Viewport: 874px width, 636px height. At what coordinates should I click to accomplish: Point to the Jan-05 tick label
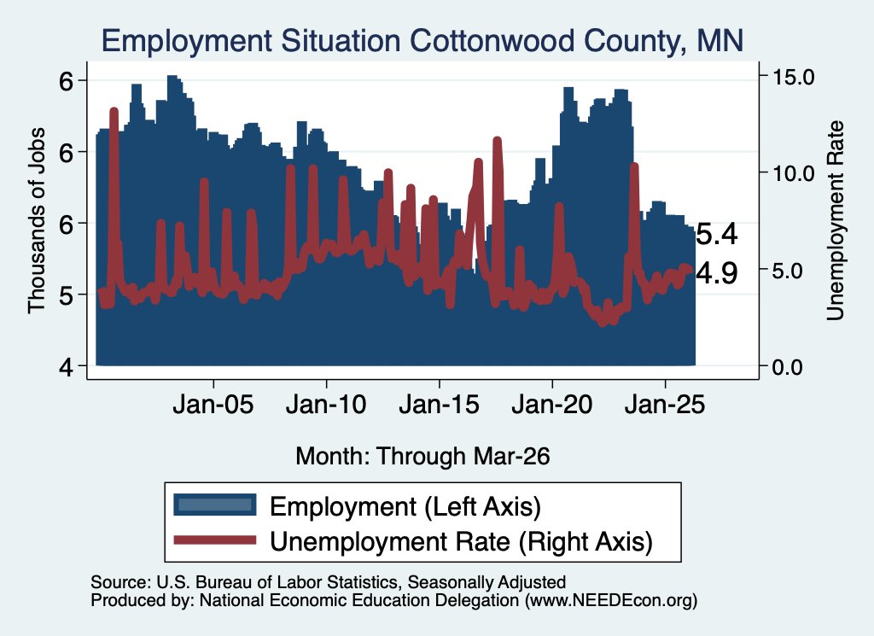pyautogui.click(x=213, y=405)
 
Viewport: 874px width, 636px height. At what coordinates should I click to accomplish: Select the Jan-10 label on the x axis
pyautogui.click(x=326, y=405)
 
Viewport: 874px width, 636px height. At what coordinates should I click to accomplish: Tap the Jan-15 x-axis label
pyautogui.click(x=440, y=405)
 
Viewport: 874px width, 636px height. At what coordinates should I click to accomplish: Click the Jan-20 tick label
pyautogui.click(x=552, y=405)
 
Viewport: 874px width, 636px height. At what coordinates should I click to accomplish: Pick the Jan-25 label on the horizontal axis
pyautogui.click(x=665, y=405)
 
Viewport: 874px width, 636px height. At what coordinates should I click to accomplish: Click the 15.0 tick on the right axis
pyautogui.click(x=793, y=78)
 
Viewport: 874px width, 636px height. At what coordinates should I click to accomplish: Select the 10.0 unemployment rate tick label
pyautogui.click(x=793, y=174)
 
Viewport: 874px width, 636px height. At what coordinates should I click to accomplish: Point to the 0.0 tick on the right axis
pyautogui.click(x=788, y=367)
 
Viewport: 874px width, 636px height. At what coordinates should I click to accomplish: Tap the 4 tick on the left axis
pyautogui.click(x=67, y=367)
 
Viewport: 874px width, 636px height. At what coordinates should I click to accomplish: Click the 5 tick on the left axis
pyautogui.click(x=67, y=295)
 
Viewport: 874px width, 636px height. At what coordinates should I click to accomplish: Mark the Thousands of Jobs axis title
pyautogui.click(x=36, y=221)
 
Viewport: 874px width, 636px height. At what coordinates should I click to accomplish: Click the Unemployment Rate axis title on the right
pyautogui.click(x=835, y=221)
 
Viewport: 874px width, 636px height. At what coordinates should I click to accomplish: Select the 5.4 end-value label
pyautogui.click(x=717, y=234)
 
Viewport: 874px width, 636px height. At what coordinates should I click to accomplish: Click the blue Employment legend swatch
pyautogui.click(x=214, y=505)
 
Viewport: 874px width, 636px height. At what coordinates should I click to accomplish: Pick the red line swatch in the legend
pyautogui.click(x=214, y=540)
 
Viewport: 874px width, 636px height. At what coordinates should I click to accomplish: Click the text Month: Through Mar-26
pyautogui.click(x=422, y=457)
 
